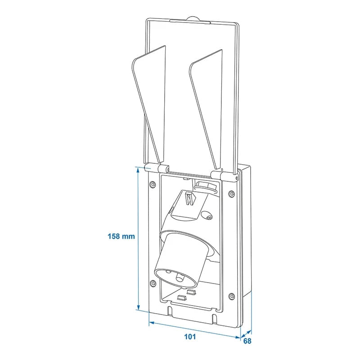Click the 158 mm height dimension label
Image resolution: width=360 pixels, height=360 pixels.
121,236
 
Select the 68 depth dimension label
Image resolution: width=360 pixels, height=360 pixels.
247,341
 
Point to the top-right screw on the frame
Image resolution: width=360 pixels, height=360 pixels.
231,193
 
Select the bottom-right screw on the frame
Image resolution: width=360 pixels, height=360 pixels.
231,296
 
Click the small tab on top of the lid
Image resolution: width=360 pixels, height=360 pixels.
193,19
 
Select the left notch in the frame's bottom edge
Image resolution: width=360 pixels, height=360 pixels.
170,311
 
